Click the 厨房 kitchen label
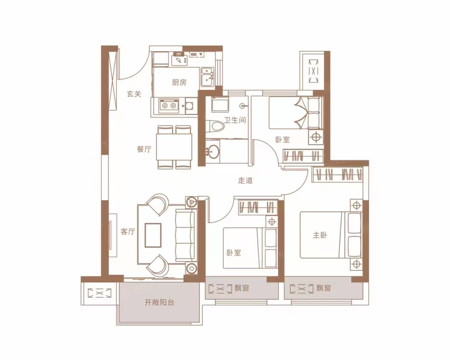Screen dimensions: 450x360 [179, 83]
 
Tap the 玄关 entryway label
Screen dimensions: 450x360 [134, 94]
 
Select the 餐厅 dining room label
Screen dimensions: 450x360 [144, 149]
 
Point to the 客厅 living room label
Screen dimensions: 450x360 [128, 231]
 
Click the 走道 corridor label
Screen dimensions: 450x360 [245, 180]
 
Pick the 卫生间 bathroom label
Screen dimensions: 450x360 [235, 120]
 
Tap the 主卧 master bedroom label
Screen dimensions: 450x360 [320, 235]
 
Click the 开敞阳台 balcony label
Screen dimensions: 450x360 [159, 302]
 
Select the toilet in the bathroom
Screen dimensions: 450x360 [215, 126]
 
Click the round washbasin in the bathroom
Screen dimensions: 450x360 [213, 151]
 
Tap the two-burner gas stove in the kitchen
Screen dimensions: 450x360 [168, 106]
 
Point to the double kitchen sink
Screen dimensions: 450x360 [207, 77]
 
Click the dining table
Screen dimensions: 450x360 [174, 147]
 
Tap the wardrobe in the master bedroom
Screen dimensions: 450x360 [337, 174]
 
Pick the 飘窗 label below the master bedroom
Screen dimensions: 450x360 [324, 288]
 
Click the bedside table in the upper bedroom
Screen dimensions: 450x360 [316, 137]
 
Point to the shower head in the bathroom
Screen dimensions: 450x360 [243, 106]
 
